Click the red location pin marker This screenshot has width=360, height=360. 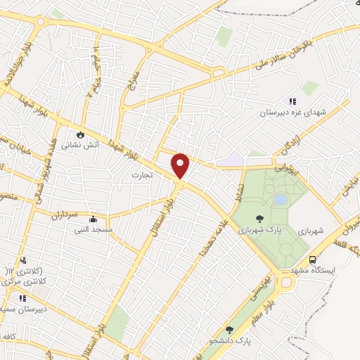181,165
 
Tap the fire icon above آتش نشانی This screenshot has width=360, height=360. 81,134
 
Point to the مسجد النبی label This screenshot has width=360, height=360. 93,229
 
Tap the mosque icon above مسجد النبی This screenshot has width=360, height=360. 93,219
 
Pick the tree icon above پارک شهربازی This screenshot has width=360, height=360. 260,219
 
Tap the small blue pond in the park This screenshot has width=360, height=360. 280,200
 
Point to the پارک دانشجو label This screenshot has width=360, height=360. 233,341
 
